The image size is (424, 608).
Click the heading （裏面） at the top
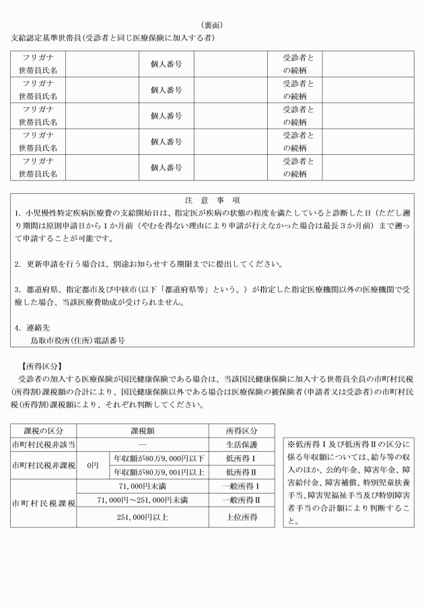click(212, 25)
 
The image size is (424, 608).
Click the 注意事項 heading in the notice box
click(212, 200)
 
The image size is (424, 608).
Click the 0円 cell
click(92, 465)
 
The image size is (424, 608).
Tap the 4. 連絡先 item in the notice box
click(31, 327)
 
